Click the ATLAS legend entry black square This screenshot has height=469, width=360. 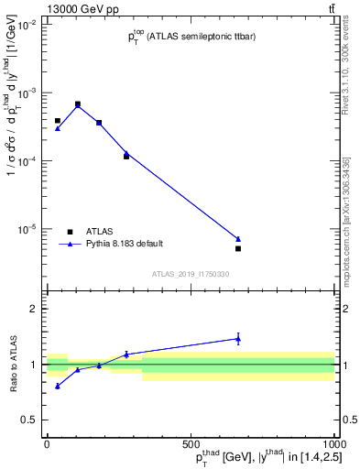click(70, 231)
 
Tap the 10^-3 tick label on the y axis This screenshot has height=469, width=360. click(27, 93)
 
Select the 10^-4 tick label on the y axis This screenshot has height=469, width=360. click(27, 161)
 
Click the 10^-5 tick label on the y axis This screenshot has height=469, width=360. click(27, 229)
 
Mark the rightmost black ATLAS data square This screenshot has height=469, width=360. click(238, 248)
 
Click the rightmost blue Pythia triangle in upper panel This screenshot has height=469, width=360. click(238, 239)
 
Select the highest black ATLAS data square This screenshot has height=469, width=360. click(78, 104)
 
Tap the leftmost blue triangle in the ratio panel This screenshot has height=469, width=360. click(58, 386)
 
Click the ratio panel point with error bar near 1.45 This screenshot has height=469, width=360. click(238, 339)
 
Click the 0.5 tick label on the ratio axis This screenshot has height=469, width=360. click(29, 420)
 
